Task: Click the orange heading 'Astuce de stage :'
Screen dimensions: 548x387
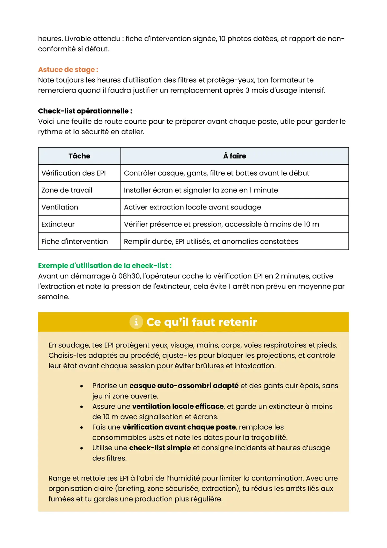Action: point(68,70)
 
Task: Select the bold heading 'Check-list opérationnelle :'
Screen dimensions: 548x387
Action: point(85,111)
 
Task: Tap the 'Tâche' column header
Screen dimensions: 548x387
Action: point(79,156)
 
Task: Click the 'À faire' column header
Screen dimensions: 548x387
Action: point(234,156)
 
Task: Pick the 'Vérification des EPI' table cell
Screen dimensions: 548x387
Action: point(74,173)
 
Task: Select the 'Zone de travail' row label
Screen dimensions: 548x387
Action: point(67,190)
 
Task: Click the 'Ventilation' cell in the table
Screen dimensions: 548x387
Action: point(60,208)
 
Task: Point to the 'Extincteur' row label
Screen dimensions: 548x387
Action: point(58,225)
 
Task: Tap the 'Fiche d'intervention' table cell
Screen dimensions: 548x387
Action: point(74,242)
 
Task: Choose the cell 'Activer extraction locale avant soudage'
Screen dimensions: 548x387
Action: point(193,208)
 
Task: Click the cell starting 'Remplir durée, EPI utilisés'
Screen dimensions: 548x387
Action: point(211,242)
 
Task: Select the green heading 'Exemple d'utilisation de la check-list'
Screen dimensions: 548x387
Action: point(104,266)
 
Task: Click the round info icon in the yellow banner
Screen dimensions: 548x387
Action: point(136,322)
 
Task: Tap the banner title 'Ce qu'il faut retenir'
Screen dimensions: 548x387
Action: point(202,322)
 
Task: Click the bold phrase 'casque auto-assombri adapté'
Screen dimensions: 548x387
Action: point(184,386)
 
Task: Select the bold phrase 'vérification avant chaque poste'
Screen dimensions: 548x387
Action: point(179,427)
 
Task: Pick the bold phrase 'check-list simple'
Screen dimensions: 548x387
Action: point(160,448)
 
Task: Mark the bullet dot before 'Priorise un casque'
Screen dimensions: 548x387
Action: point(82,386)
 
